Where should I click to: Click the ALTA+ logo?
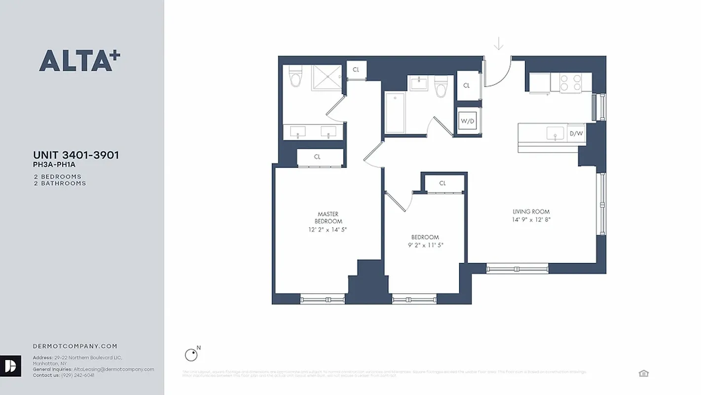pos(79,61)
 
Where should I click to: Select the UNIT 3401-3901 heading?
pos(76,156)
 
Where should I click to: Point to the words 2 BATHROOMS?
pos(60,183)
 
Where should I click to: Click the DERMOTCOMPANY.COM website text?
pos(75,347)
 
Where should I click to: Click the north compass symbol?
pos(191,355)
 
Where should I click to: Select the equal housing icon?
pos(643,373)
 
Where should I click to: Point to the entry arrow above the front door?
pos(499,44)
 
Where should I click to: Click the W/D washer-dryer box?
pos(467,120)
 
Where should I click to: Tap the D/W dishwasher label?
pos(576,133)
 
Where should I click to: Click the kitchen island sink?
pos(555,133)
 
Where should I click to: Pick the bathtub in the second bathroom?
pos(395,113)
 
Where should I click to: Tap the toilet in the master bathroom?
pos(295,76)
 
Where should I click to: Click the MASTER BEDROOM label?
pos(328,218)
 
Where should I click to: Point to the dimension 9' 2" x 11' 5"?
pos(425,245)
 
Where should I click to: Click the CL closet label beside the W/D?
pos(466,85)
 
